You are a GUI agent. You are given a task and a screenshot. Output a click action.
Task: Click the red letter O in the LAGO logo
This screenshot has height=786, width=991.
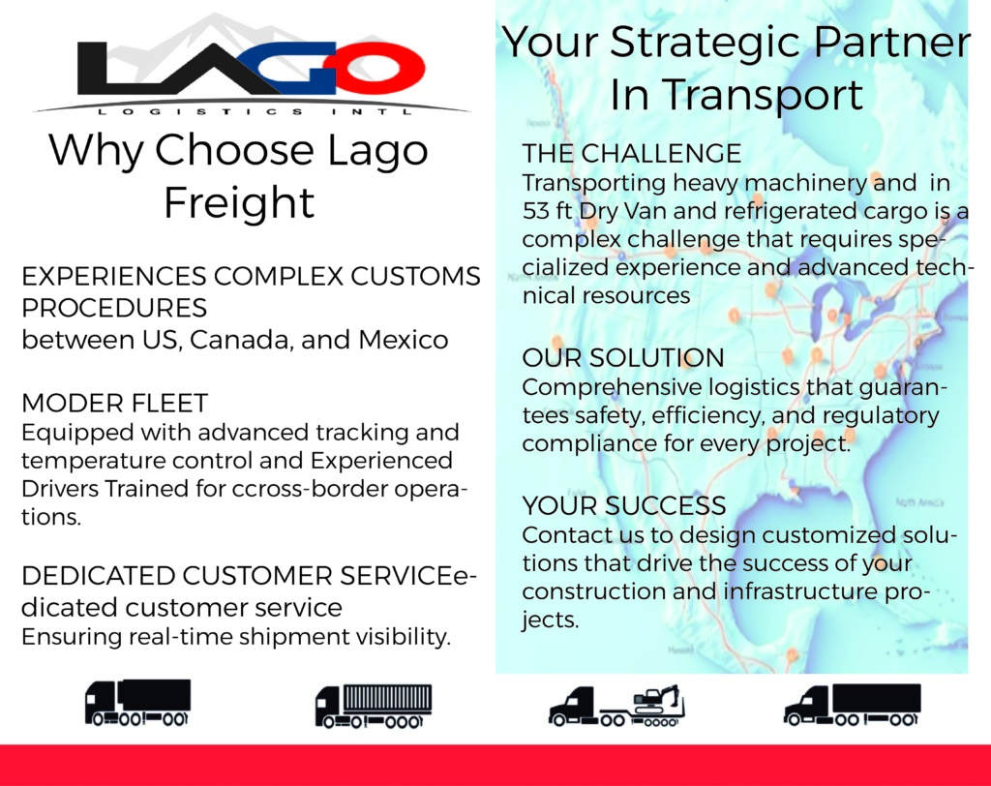(381, 67)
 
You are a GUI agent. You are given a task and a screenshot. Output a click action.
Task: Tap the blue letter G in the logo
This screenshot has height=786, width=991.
(297, 67)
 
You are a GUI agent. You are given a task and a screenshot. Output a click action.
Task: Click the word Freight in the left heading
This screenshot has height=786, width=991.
(239, 202)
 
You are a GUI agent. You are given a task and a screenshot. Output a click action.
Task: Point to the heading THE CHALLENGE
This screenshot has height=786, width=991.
(631, 154)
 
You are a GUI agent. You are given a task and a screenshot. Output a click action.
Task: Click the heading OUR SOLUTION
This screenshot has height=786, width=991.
(623, 358)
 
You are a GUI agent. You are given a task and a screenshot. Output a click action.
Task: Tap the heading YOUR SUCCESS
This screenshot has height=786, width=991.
(624, 506)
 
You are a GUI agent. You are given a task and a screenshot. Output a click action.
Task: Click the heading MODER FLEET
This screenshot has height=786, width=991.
(114, 404)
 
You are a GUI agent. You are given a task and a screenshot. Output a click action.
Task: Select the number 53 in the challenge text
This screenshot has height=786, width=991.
(535, 211)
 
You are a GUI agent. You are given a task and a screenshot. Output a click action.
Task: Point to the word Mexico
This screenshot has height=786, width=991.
(404, 340)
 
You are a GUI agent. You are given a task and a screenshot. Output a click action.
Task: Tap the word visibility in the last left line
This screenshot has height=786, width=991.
(404, 636)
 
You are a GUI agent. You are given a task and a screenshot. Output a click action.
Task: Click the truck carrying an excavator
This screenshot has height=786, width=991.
(616, 706)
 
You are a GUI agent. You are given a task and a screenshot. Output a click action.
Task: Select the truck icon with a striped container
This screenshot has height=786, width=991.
(374, 706)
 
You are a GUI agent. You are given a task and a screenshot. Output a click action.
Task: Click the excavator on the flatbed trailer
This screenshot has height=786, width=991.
(657, 700)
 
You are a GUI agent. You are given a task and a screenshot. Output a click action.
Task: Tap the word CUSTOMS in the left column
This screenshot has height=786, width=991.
(415, 276)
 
